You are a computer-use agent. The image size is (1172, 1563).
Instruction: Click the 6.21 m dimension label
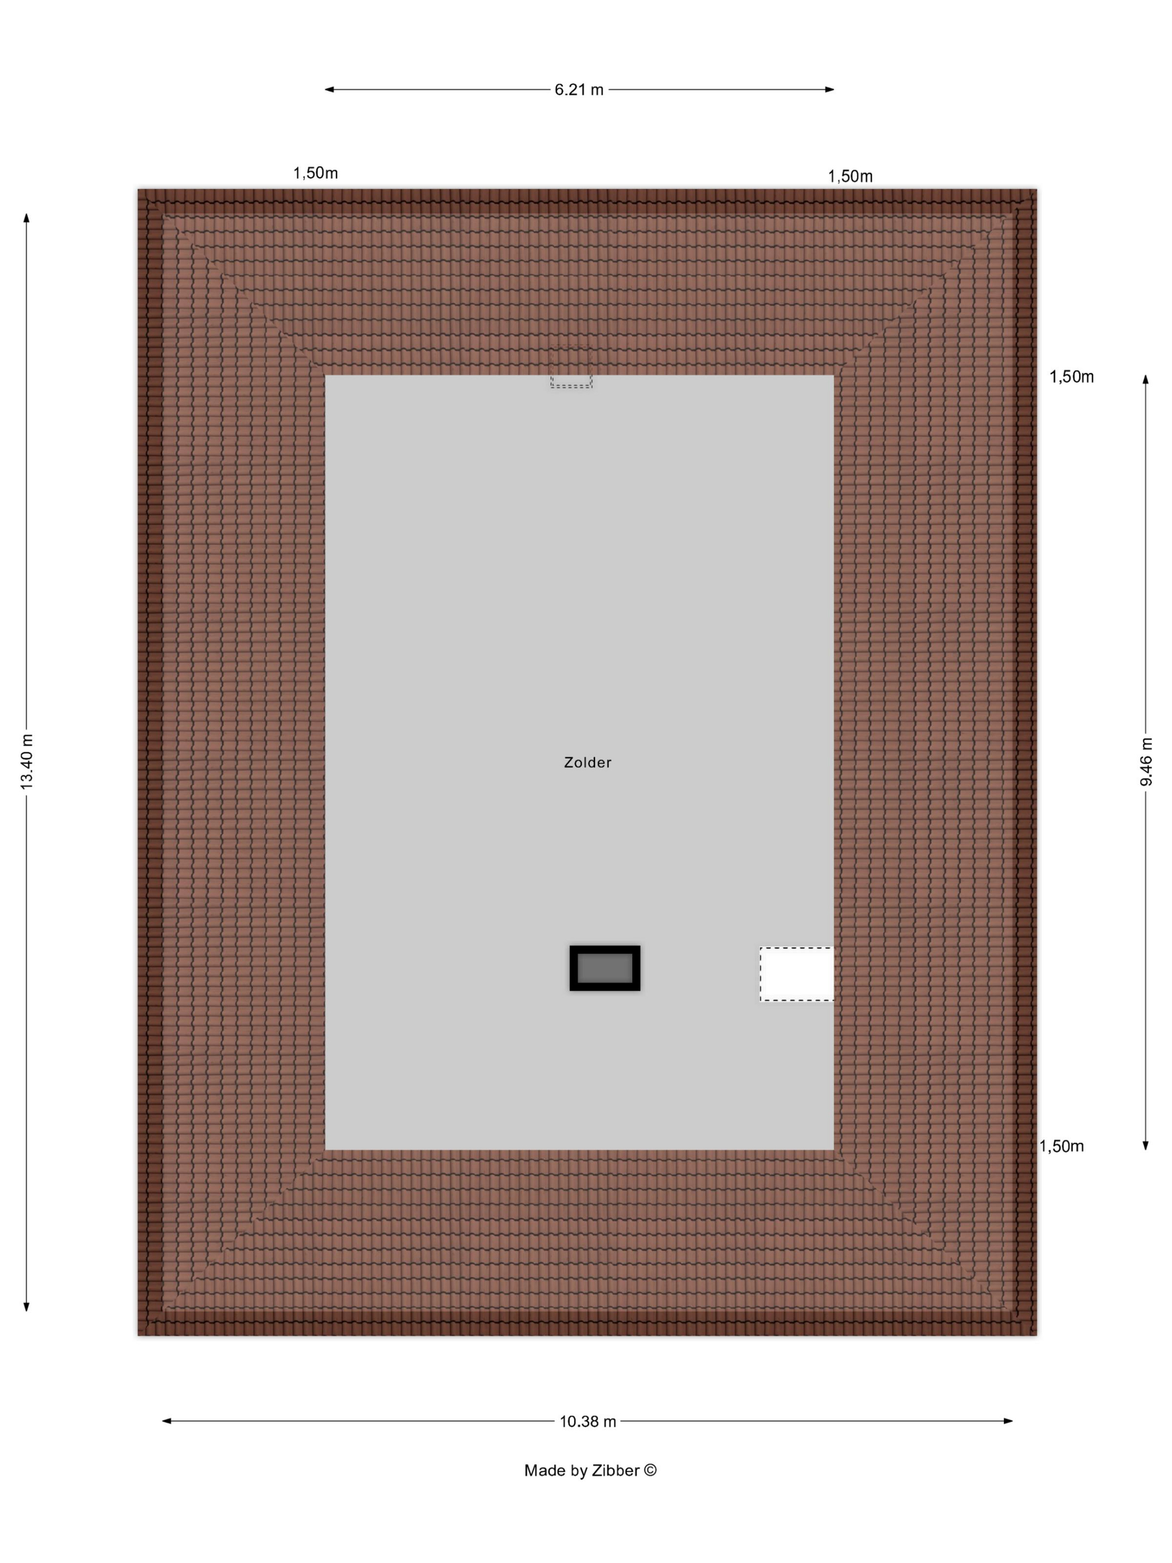click(579, 90)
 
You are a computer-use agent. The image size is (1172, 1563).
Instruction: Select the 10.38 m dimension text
click(588, 1421)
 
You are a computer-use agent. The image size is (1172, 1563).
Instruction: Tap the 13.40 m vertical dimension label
click(27, 762)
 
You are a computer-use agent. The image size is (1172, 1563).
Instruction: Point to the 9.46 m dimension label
click(1146, 761)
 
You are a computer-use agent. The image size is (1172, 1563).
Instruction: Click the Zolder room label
click(588, 763)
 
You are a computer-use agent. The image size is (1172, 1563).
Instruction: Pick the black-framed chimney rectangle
click(605, 968)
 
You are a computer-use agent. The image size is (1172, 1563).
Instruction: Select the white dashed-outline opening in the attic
click(797, 974)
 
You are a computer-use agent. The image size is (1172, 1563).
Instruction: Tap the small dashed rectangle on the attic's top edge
click(571, 367)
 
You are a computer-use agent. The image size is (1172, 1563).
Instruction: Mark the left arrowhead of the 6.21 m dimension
click(329, 90)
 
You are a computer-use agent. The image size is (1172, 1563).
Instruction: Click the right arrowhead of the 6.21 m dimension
click(830, 90)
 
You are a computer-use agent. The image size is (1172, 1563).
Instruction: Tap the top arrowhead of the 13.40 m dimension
click(27, 218)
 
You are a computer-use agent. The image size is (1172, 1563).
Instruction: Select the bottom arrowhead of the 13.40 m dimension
click(27, 1307)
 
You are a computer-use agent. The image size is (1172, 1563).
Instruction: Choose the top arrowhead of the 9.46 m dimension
click(1146, 380)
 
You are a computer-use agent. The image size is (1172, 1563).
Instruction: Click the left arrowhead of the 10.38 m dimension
click(167, 1421)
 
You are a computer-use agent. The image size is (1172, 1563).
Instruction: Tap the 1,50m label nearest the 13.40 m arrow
click(316, 173)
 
